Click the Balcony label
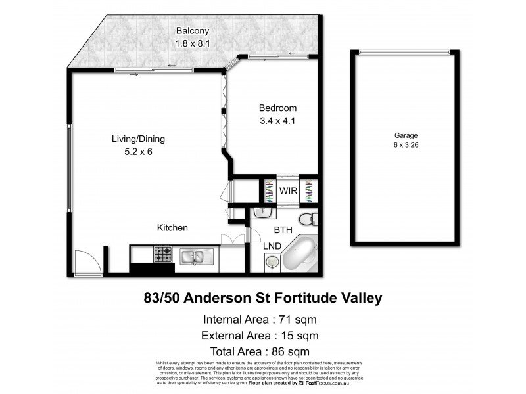tap(191, 31)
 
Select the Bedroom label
tap(277, 108)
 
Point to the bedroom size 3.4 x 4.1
tap(277, 121)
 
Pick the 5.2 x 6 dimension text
tap(137, 152)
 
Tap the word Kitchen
tap(172, 228)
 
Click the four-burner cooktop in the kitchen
tap(162, 253)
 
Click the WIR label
tap(289, 191)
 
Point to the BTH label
tap(283, 230)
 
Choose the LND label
tap(273, 246)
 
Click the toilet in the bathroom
tap(307, 219)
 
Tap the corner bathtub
tap(300, 255)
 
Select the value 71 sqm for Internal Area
tap(299, 320)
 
